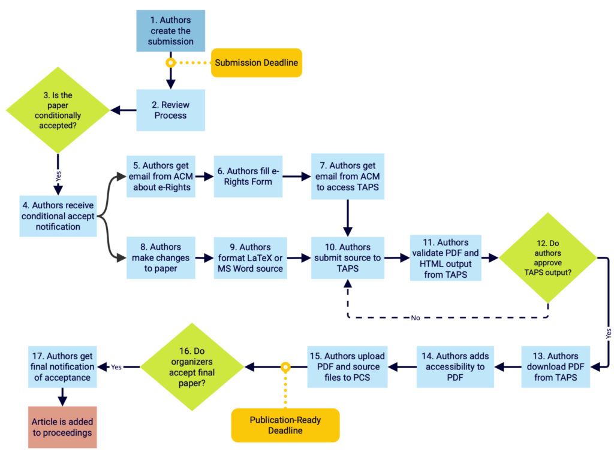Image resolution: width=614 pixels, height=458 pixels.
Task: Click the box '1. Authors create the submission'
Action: pyautogui.click(x=170, y=31)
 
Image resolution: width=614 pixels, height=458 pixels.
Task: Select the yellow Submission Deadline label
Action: pyautogui.click(x=257, y=63)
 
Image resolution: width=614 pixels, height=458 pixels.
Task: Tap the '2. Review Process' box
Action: pyautogui.click(x=170, y=110)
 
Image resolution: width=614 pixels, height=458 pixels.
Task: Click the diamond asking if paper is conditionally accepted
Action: pyautogui.click(x=58, y=110)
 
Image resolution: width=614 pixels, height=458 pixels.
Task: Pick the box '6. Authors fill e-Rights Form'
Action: pyautogui.click(x=248, y=177)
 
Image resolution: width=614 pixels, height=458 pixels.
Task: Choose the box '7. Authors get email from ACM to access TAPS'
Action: pyautogui.click(x=348, y=177)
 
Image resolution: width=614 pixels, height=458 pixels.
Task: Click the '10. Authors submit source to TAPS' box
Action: pyautogui.click(x=348, y=258)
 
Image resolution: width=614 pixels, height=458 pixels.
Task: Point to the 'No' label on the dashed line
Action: pyautogui.click(x=416, y=318)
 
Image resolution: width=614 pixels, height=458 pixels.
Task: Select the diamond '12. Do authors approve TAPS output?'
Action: pyautogui.click(x=548, y=258)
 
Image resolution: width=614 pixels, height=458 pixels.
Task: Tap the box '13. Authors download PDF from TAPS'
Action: pyautogui.click(x=556, y=367)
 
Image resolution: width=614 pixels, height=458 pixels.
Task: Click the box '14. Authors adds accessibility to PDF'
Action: pyautogui.click(x=455, y=367)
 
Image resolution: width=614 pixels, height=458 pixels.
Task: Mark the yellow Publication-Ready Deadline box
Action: pyautogui.click(x=285, y=425)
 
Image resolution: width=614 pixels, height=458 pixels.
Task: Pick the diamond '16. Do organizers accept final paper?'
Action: pyautogui.click(x=192, y=367)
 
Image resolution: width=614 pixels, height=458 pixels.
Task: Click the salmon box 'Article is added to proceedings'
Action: pyautogui.click(x=62, y=427)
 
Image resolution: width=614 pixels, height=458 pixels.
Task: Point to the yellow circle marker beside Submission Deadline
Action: pyautogui.click(x=170, y=63)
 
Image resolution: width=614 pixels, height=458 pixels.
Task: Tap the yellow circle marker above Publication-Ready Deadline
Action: pyautogui.click(x=285, y=367)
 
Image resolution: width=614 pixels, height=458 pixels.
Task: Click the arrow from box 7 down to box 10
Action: pyautogui.click(x=348, y=219)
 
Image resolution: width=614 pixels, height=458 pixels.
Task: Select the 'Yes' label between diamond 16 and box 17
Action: pyautogui.click(x=116, y=367)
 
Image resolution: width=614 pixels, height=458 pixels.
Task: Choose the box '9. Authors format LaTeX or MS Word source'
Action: pyautogui.click(x=250, y=258)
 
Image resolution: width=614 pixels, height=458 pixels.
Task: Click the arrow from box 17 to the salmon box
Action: pyautogui.click(x=62, y=397)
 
